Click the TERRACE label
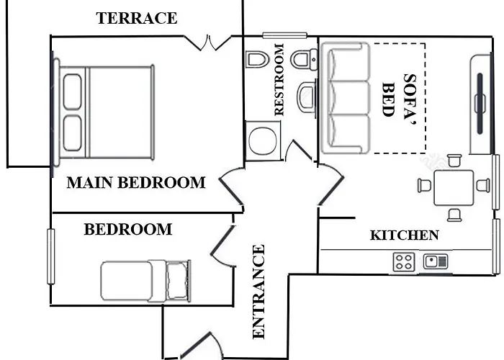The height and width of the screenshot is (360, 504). (x=137, y=18)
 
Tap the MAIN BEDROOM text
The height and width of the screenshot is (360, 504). (x=136, y=183)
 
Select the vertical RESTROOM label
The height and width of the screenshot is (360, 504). (x=279, y=79)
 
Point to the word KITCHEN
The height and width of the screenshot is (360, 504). (x=405, y=235)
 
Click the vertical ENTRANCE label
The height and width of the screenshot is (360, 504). (x=258, y=292)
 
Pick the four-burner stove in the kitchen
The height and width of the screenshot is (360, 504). (x=404, y=261)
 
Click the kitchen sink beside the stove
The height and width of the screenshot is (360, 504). (x=436, y=261)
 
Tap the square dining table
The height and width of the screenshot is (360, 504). (x=453, y=188)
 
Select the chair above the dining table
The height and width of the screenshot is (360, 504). (x=454, y=161)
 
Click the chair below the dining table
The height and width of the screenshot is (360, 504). (x=454, y=215)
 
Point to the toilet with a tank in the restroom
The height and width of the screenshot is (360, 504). (x=304, y=60)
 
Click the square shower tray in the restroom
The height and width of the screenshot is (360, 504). (x=263, y=141)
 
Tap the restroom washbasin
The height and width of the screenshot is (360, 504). (x=307, y=97)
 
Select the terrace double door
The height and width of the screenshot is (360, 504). (x=208, y=43)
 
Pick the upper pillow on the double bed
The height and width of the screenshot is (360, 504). (x=72, y=92)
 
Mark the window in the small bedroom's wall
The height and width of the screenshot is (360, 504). (x=51, y=256)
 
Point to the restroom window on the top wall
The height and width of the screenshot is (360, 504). (x=285, y=35)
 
